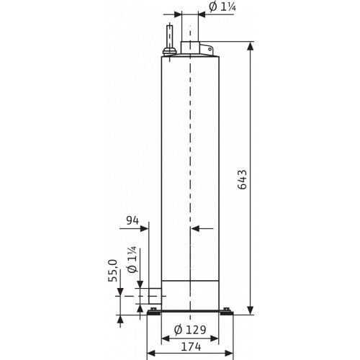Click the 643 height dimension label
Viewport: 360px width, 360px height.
(x=243, y=179)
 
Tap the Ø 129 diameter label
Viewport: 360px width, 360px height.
(x=190, y=330)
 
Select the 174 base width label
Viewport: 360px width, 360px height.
(x=191, y=347)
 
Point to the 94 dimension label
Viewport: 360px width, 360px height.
(x=132, y=220)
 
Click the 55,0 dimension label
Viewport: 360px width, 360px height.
(x=112, y=271)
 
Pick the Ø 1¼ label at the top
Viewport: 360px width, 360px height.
(x=222, y=6)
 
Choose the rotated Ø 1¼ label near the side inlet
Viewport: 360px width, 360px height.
(x=132, y=259)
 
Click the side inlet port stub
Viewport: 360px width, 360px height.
(x=155, y=296)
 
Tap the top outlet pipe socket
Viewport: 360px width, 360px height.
(x=190, y=48)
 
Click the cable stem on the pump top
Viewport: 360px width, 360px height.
(x=170, y=37)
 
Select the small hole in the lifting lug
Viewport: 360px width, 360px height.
(x=210, y=49)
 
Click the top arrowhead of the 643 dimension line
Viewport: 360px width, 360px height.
(x=251, y=46)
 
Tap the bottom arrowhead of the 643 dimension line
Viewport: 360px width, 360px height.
(x=251, y=310)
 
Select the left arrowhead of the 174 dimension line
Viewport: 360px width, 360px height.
(x=150, y=354)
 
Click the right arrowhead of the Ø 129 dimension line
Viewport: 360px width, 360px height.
(x=215, y=338)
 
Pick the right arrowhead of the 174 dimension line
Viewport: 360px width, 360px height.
(x=229, y=354)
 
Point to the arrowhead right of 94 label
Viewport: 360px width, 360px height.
(x=144, y=228)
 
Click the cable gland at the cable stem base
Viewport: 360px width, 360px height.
(x=170, y=51)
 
